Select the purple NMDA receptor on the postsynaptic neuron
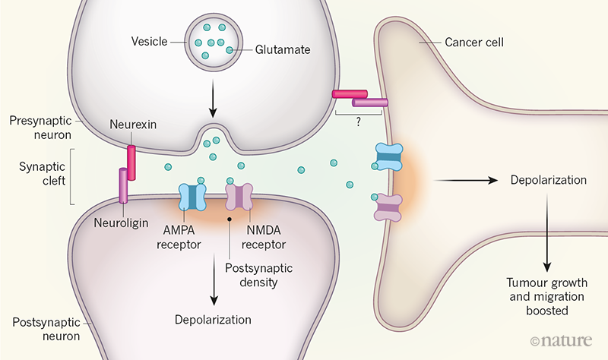pos(239,197)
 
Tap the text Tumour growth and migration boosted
pos(545,297)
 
